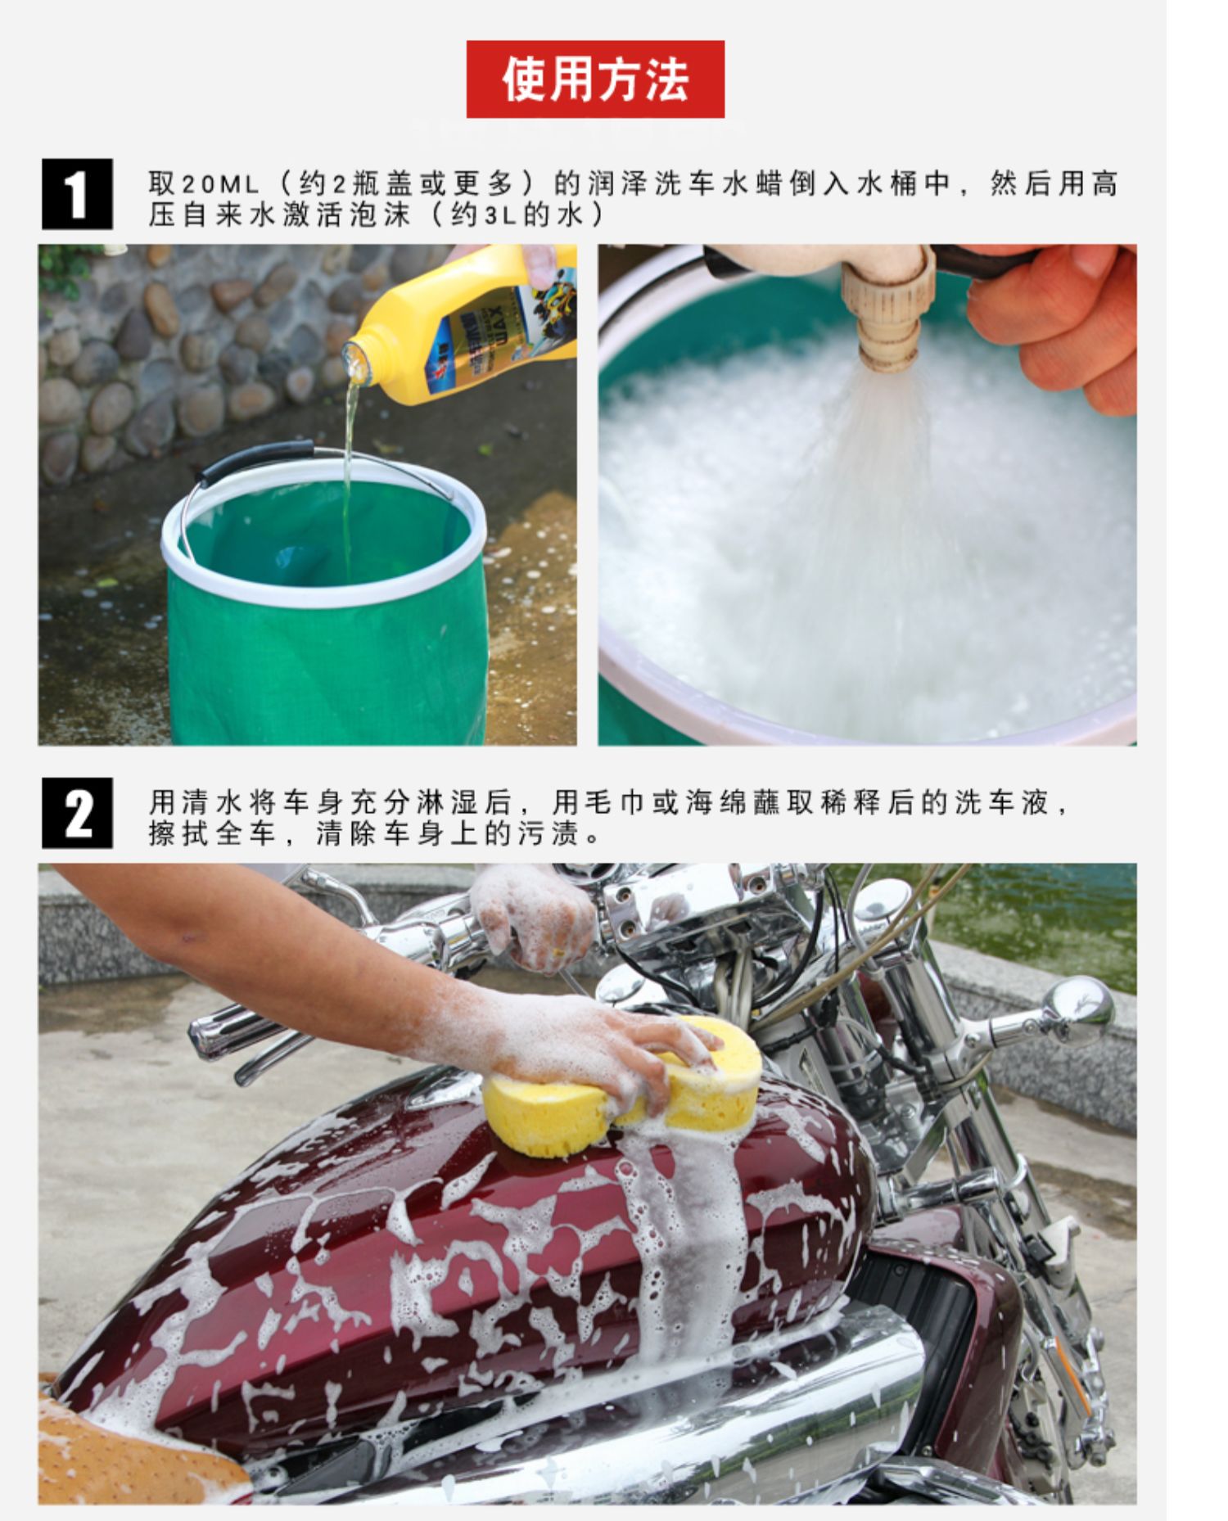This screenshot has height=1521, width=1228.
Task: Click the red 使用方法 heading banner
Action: click(x=595, y=79)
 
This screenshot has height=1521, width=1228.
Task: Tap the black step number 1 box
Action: click(x=77, y=194)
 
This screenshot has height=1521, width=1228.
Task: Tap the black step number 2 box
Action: click(x=77, y=813)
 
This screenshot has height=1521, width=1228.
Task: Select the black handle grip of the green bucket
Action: click(x=254, y=460)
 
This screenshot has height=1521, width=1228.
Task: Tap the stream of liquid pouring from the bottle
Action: click(x=349, y=475)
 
